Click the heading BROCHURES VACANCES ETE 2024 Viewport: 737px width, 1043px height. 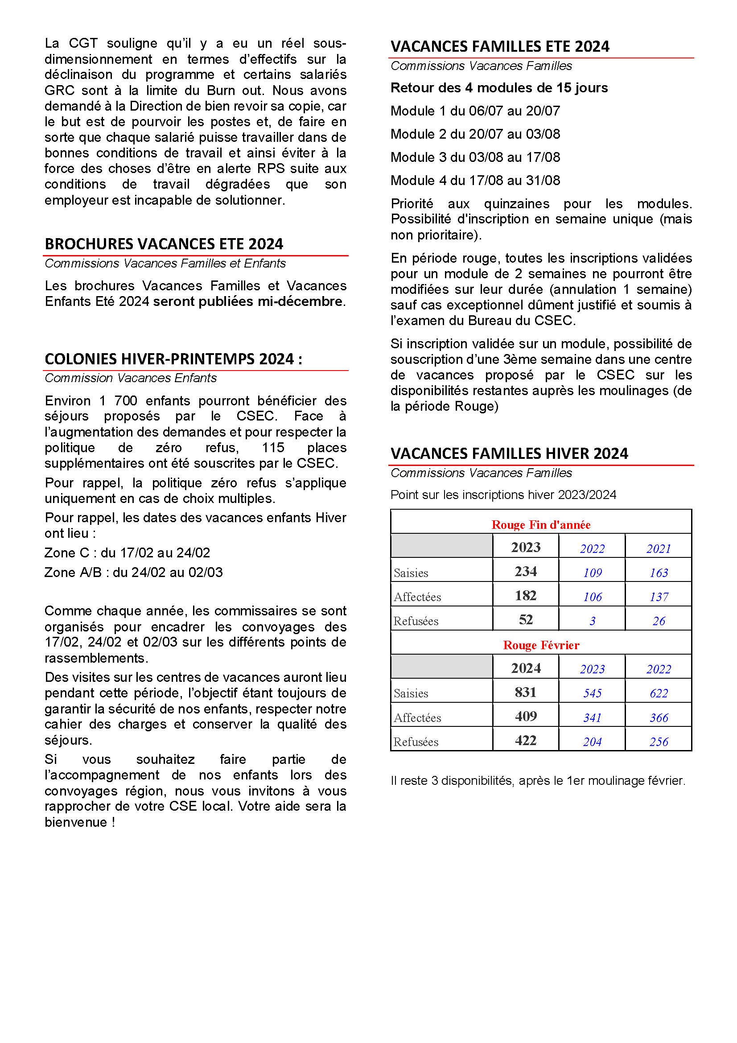[164, 244]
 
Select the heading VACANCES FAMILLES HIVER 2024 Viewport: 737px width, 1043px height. [509, 453]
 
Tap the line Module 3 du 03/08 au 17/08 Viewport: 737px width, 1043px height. [475, 157]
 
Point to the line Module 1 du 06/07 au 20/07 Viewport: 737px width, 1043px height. [475, 111]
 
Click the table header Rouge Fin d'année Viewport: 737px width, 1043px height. [541, 525]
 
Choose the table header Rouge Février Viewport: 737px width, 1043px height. [541, 645]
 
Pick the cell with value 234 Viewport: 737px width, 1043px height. [525, 571]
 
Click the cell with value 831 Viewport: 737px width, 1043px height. [525, 692]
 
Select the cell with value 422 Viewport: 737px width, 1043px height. [525, 741]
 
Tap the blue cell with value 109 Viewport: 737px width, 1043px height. [592, 573]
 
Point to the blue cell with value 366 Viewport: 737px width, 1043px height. [659, 718]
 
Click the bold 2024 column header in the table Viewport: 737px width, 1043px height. [525, 668]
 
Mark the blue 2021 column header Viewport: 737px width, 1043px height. [659, 549]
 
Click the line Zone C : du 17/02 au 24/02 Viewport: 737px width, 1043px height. [127, 553]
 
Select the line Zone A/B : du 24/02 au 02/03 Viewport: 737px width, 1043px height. [133, 573]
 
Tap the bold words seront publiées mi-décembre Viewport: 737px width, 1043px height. [248, 301]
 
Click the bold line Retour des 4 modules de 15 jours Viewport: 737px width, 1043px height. [498, 88]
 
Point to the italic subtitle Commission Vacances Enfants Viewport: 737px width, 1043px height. [130, 378]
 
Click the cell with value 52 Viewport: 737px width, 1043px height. [525, 620]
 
